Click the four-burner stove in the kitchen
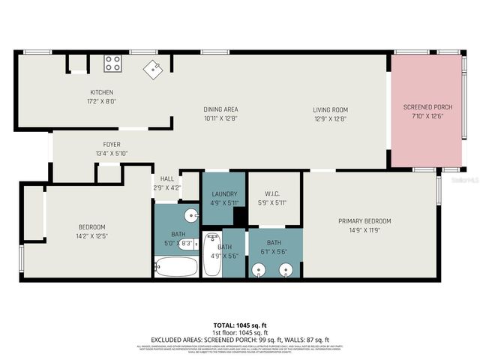(113, 63)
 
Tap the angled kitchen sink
(154, 69)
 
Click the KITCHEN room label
(101, 92)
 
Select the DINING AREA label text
(220, 109)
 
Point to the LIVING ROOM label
(330, 109)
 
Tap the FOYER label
(112, 144)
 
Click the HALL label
(166, 178)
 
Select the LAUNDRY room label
(224, 193)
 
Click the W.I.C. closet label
(271, 193)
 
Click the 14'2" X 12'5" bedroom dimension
(92, 237)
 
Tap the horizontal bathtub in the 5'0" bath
(176, 266)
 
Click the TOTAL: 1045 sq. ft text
(240, 325)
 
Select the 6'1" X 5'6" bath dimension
(274, 253)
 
